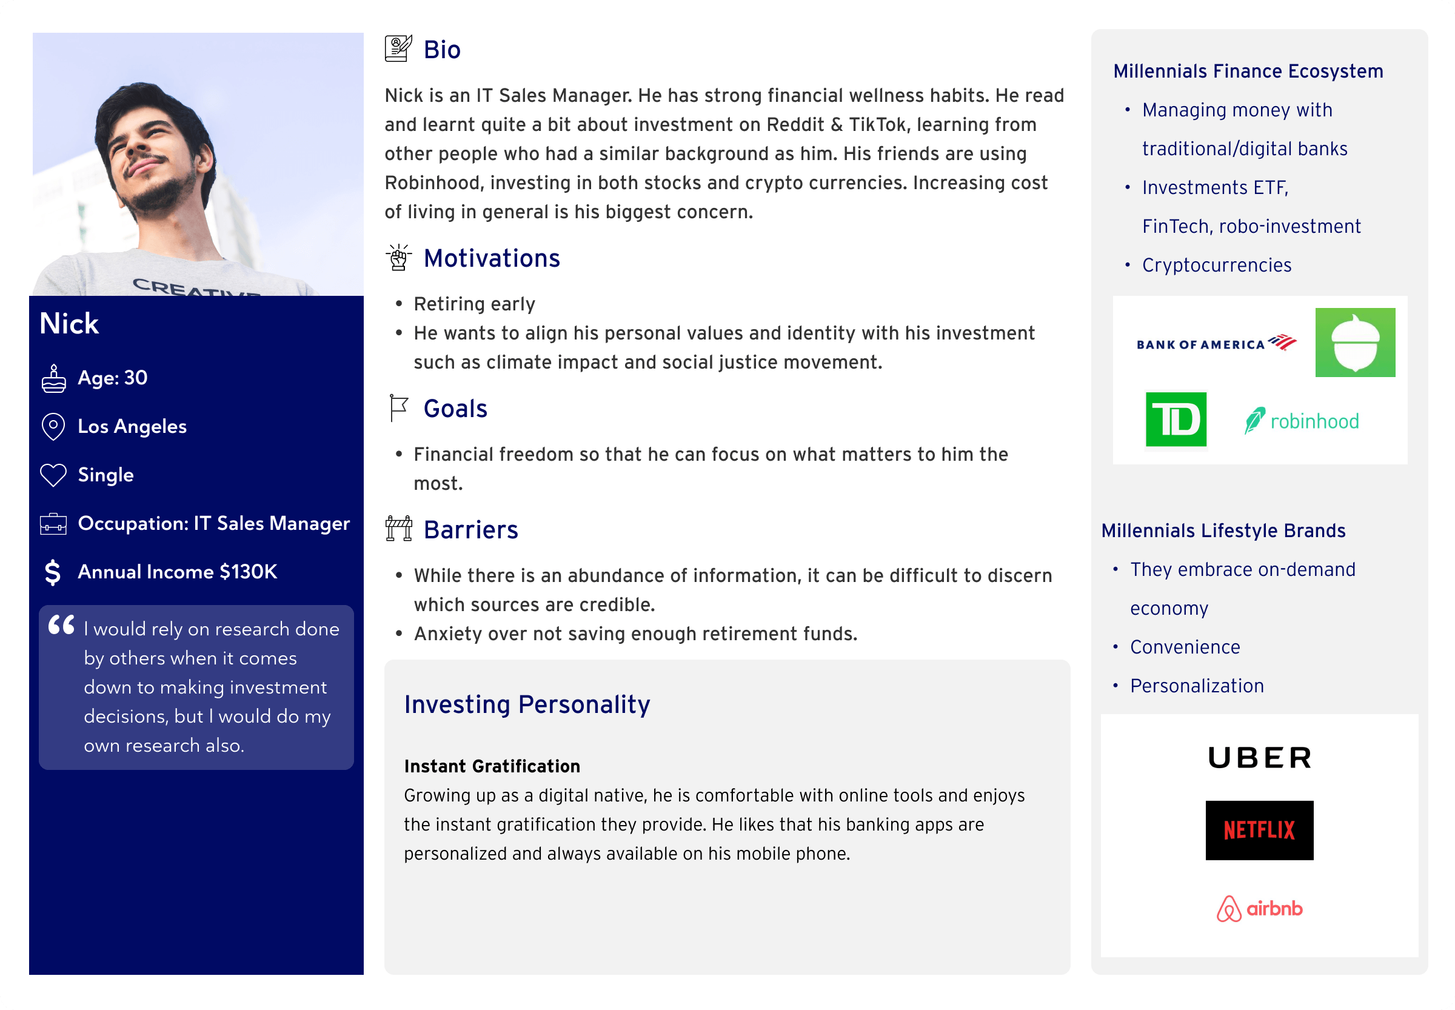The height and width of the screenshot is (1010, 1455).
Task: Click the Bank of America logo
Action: (x=1215, y=343)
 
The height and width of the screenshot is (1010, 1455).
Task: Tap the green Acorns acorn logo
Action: (x=1354, y=343)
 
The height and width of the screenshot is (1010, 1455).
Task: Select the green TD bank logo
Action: (x=1176, y=419)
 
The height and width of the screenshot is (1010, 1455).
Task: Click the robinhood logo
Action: (x=1301, y=421)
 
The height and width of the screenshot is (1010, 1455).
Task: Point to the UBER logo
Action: (x=1259, y=758)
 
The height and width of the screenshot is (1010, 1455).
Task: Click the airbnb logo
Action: (x=1259, y=909)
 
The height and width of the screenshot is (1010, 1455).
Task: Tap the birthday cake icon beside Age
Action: (x=54, y=378)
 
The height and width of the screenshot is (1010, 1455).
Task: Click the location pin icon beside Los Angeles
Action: (x=53, y=427)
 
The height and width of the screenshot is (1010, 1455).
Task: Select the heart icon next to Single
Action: (x=53, y=475)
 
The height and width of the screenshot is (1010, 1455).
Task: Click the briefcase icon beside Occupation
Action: (x=53, y=524)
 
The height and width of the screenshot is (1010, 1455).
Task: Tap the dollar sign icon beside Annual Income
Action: (x=53, y=572)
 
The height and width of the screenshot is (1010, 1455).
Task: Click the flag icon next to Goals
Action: (x=399, y=408)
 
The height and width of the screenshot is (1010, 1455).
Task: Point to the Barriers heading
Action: (x=470, y=530)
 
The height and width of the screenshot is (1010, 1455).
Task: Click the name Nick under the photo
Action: (x=69, y=323)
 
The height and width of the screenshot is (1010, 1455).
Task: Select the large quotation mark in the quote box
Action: (x=61, y=625)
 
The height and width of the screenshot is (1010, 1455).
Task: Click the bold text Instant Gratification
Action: (x=492, y=766)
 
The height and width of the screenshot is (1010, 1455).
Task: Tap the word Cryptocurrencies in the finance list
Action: (x=1216, y=265)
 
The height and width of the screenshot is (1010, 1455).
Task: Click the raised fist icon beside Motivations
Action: (x=399, y=258)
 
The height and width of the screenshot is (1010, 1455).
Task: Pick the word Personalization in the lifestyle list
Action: (x=1197, y=686)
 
